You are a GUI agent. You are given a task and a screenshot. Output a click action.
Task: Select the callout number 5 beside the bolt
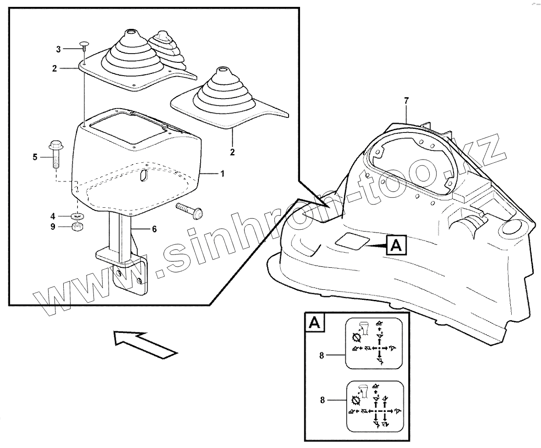coord(35,157)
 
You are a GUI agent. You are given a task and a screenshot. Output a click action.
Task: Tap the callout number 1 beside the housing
coord(222,173)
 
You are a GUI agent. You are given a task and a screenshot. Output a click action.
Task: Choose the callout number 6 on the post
coord(154,229)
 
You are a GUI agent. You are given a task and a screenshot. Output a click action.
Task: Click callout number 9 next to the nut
coord(53,227)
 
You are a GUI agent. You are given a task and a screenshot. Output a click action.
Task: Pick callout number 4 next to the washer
coord(53,216)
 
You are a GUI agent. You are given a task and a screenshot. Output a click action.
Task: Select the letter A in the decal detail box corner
coord(315,323)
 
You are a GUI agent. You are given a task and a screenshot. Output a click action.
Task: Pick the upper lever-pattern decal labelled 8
coord(373,343)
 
